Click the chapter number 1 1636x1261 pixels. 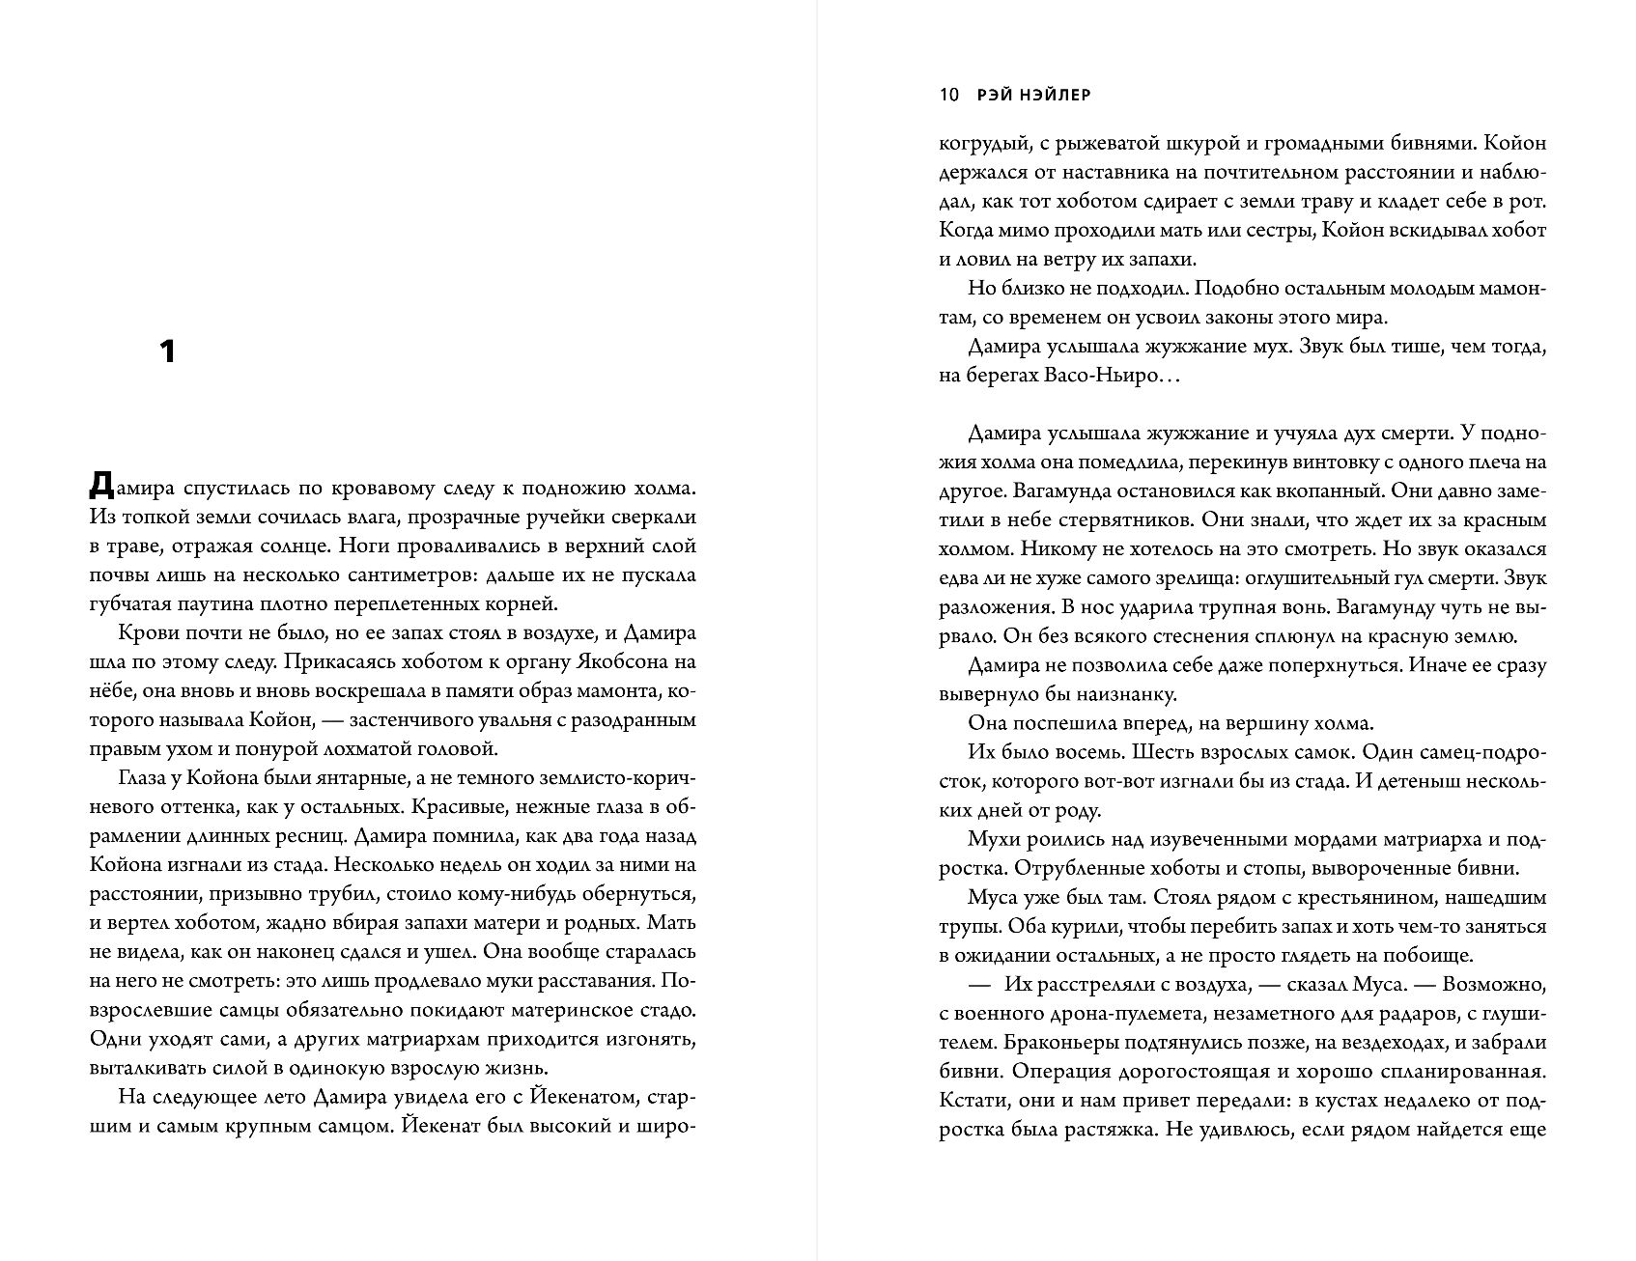pos(167,351)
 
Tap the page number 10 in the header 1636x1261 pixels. pos(947,95)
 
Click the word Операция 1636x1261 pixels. pos(1071,1071)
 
